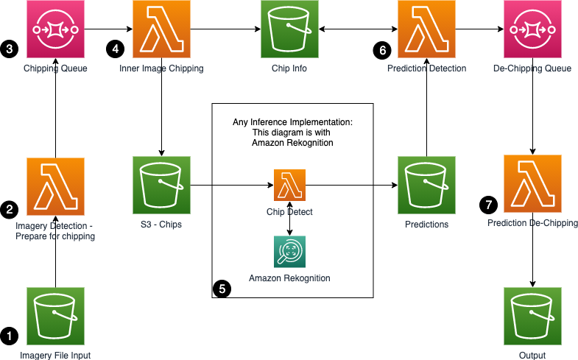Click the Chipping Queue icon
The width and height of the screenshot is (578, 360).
coord(55,29)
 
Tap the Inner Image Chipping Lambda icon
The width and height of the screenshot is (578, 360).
coord(161,29)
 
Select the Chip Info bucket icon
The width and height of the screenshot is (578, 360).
coord(289,29)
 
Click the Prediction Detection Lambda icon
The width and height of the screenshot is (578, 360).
coord(426,29)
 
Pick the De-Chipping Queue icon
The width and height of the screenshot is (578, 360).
coord(532,29)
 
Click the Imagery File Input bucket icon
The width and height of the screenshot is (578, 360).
coord(55,316)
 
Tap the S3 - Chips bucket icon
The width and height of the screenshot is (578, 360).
coord(161,185)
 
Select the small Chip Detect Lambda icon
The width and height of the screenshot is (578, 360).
coord(289,184)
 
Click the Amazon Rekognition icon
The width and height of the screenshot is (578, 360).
coord(289,252)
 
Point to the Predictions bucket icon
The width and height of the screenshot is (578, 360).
coord(426,185)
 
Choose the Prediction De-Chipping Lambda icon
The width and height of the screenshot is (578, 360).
coord(532,183)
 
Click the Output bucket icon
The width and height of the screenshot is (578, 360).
coord(532,316)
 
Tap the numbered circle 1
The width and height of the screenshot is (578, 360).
coord(10,336)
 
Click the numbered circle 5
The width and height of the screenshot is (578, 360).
coord(222,288)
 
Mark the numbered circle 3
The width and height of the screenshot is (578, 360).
coord(10,49)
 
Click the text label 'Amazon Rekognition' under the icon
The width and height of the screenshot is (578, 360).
coord(289,278)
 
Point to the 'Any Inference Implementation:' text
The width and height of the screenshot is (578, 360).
coord(290,121)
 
